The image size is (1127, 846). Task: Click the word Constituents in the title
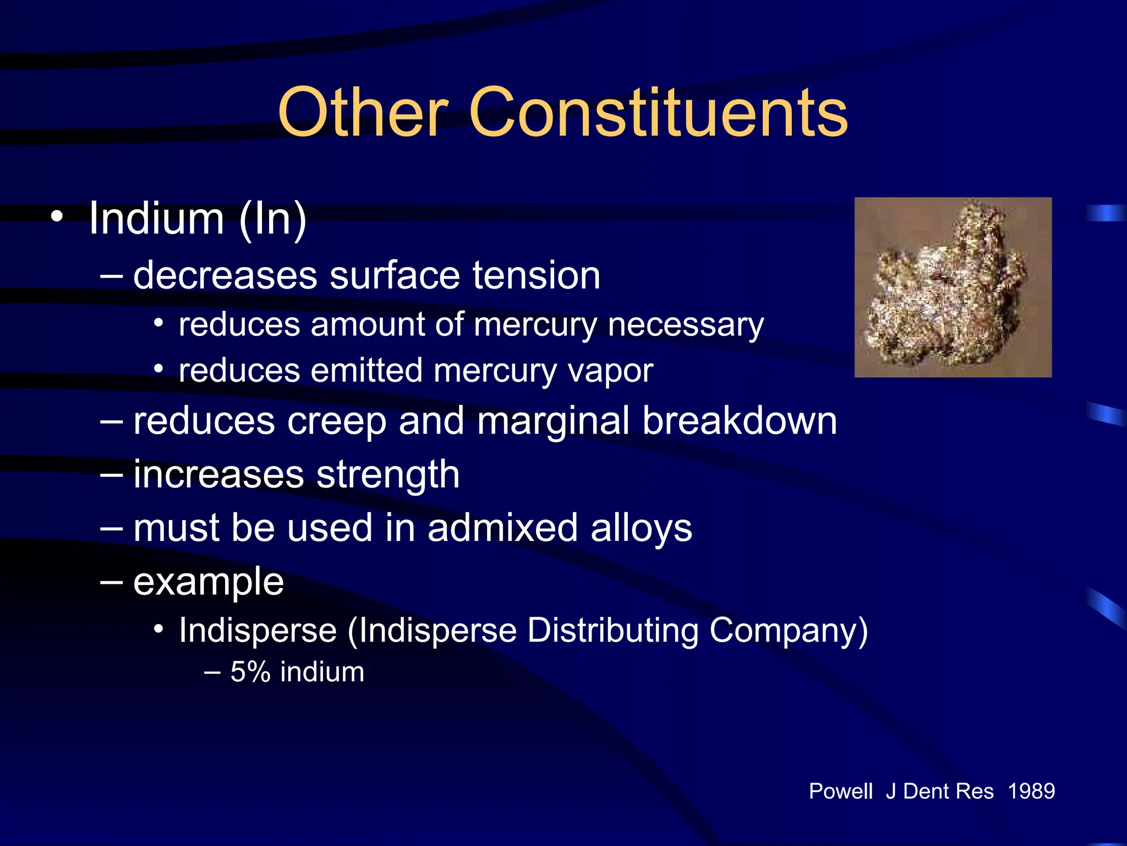coord(658,113)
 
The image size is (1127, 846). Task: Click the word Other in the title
coord(363,113)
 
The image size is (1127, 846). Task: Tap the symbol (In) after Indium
coord(273,219)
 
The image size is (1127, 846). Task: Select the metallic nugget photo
coord(953,287)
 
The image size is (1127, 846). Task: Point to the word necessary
coord(686,325)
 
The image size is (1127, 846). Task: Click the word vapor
coord(610,371)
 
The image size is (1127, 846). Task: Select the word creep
coord(336,422)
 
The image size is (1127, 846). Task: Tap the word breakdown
coord(740,421)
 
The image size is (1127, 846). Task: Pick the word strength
coord(388,475)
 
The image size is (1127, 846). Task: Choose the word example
coord(209,582)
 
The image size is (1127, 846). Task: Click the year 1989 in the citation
coord(1031,791)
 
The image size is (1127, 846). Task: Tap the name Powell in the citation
coord(840,791)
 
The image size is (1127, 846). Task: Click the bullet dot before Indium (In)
coord(57,216)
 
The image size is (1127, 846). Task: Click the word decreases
coord(225,275)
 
